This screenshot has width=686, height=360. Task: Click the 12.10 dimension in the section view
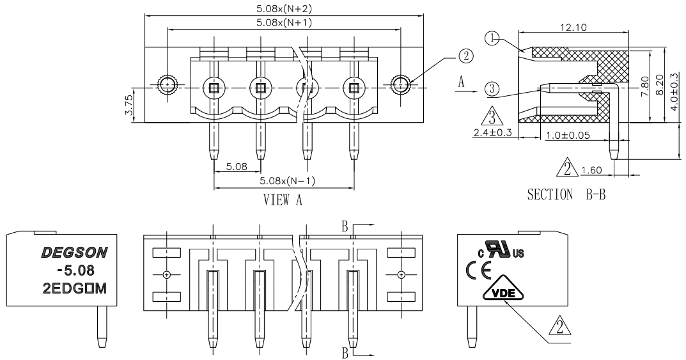point(573,27)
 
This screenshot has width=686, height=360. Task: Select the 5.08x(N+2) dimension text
point(284,9)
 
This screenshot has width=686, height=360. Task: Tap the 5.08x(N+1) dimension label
point(284,23)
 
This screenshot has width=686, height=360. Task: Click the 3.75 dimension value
point(129,106)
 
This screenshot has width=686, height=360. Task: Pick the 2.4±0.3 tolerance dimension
point(492,132)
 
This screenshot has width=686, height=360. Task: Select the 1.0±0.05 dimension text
point(568,135)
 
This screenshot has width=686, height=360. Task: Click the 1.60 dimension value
point(592,170)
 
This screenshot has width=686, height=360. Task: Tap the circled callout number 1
point(492,38)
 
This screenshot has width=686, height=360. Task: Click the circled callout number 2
point(465,56)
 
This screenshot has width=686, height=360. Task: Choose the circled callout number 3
point(492,89)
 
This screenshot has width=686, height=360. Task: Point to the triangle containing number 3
point(492,116)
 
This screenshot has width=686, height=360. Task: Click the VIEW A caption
point(283,200)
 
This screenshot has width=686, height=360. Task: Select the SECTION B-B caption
point(566,194)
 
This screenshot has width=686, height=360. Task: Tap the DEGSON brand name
point(74,253)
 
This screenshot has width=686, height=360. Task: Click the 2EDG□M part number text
point(74,288)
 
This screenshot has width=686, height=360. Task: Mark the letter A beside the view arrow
point(461,81)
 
